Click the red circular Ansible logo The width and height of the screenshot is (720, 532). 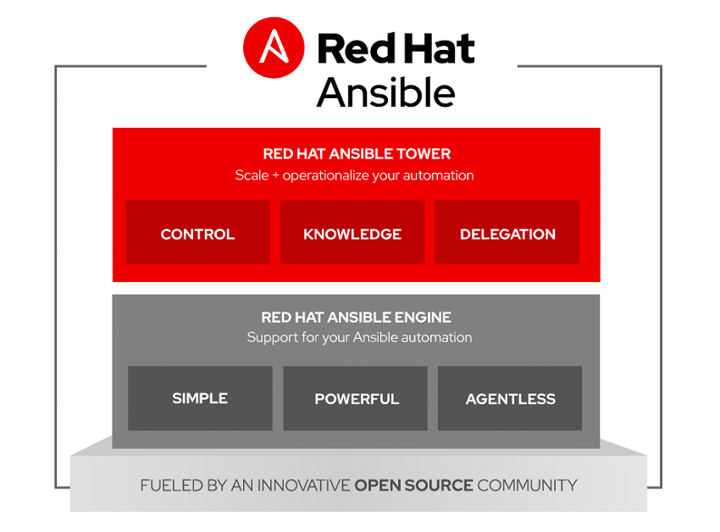point(274,47)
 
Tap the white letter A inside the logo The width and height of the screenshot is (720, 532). point(274,47)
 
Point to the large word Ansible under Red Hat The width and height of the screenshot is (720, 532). point(385,92)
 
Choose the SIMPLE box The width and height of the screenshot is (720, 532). point(200,398)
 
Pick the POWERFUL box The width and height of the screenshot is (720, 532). point(356,398)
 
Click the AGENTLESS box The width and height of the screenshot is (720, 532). point(510,398)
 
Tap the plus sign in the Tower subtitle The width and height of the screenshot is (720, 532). point(275,176)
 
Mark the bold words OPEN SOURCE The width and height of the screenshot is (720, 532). point(413,485)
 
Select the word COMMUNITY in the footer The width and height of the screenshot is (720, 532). point(527,485)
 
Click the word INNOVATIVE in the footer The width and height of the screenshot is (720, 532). point(303,485)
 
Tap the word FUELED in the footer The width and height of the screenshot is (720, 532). point(172,485)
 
